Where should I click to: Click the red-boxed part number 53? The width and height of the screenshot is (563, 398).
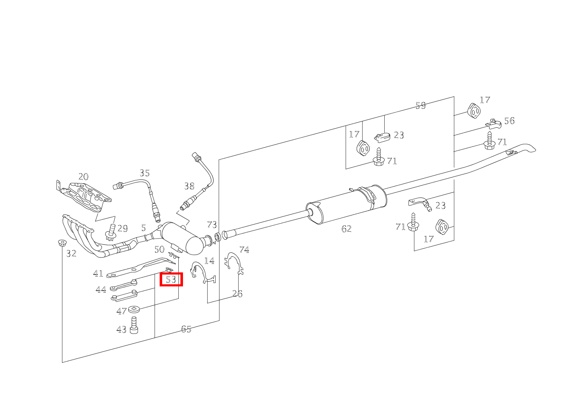[x=171, y=279]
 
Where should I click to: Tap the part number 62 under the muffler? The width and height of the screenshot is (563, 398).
[x=346, y=229]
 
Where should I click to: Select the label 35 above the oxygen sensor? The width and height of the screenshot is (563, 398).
[x=145, y=173]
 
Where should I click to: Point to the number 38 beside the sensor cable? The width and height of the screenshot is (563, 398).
[x=189, y=186]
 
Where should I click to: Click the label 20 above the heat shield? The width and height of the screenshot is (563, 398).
[x=84, y=177]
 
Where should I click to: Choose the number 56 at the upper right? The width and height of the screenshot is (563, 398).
[x=510, y=121]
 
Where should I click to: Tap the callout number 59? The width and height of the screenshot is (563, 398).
[x=421, y=106]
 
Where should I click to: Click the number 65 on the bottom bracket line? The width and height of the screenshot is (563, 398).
[x=186, y=329]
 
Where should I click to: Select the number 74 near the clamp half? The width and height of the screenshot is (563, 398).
[x=244, y=249]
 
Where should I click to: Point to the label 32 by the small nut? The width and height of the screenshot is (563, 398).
[x=71, y=253]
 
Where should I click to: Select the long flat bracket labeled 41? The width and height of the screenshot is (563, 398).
[x=141, y=268]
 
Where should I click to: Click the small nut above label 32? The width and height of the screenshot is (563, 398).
[x=62, y=243]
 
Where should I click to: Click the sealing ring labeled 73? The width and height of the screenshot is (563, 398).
[x=218, y=237]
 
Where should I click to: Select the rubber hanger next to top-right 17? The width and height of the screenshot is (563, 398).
[x=474, y=111]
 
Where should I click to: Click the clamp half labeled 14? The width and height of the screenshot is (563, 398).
[x=203, y=273]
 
